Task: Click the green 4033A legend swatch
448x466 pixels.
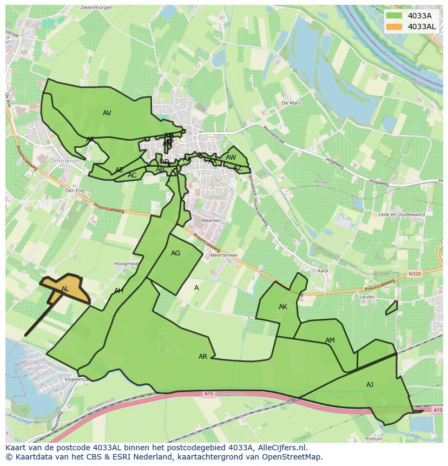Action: coord(394,16)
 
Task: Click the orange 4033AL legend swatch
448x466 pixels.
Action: coord(394,27)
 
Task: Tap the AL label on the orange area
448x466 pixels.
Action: coord(65,289)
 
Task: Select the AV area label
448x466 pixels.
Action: coord(107,113)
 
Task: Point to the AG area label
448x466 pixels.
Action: coord(175,253)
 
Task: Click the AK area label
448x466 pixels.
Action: coord(282,307)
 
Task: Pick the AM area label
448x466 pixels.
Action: coord(330,340)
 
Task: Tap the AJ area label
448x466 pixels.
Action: coord(370,385)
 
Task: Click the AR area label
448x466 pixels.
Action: coord(202,357)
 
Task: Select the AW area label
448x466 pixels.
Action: coord(230,157)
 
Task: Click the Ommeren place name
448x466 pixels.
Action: coord(64,161)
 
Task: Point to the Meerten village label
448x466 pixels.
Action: coord(210,220)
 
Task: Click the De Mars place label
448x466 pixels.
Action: coord(291,102)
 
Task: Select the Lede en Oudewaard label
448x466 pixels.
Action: coord(401,214)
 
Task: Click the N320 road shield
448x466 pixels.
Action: coord(415,274)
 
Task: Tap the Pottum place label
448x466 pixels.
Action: coord(374,438)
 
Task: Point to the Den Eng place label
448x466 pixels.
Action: coord(74,191)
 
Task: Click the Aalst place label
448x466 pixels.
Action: coord(323,271)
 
